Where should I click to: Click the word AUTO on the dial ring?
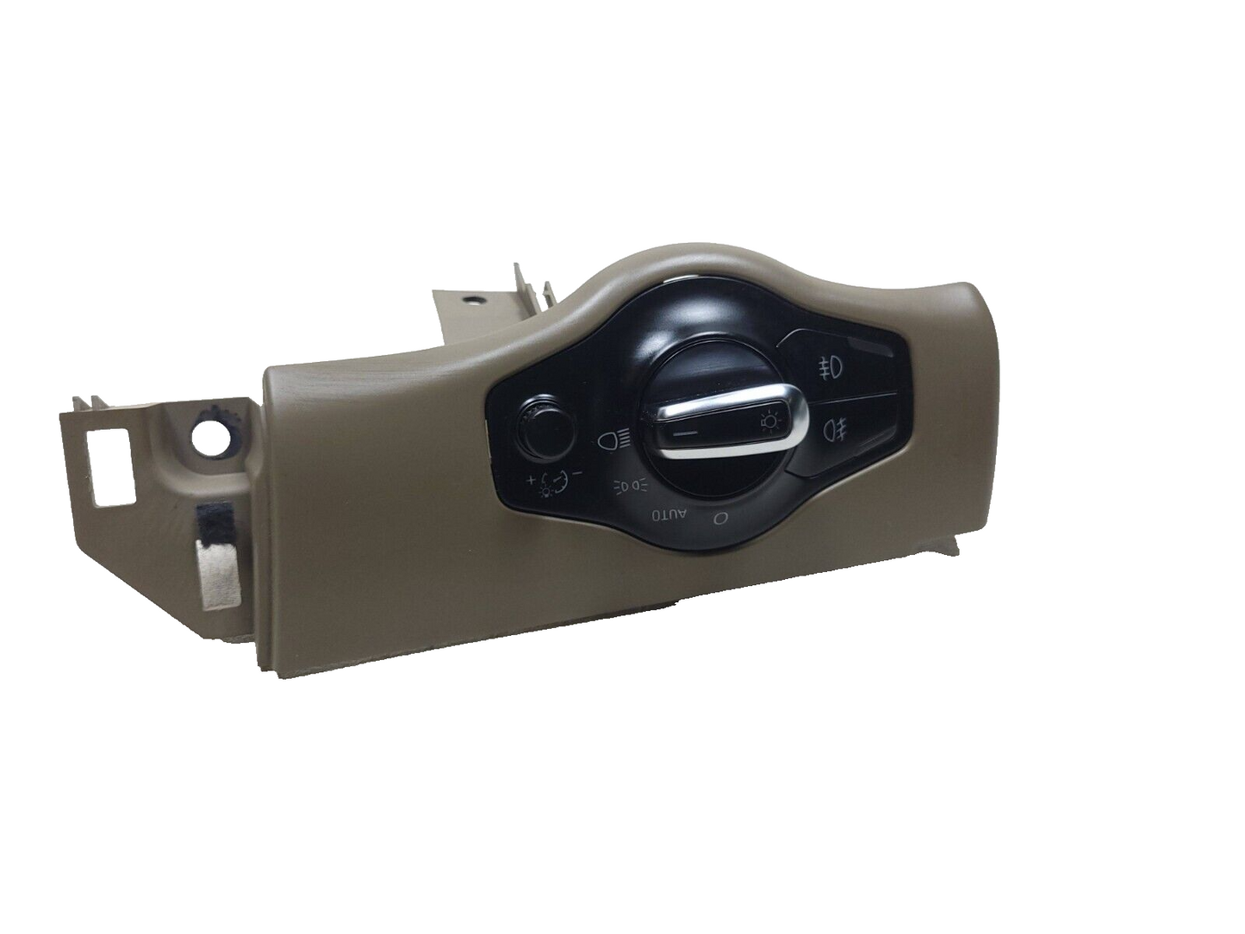pos(669,514)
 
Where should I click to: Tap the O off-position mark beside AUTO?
pos(717,518)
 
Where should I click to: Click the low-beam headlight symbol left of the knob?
pos(616,442)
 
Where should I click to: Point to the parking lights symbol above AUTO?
pos(630,485)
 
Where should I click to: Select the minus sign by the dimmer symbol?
pos(579,472)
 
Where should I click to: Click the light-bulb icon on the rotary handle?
pos(769,423)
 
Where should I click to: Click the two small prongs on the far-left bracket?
pos(86,401)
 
